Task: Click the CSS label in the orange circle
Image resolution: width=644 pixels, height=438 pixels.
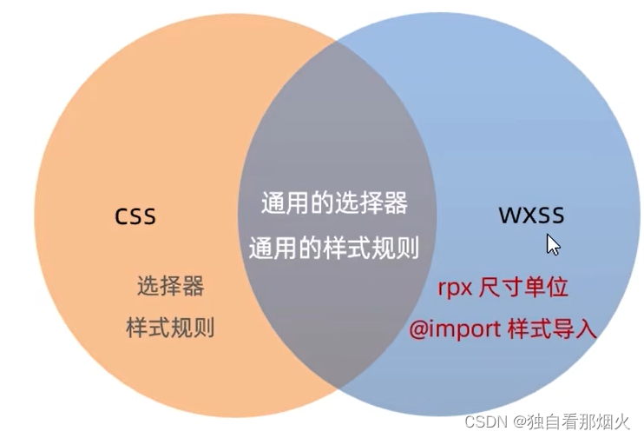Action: (x=136, y=215)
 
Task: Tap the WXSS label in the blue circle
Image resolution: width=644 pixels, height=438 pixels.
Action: (x=530, y=215)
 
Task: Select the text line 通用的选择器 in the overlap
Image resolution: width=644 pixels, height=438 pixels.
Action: (x=334, y=204)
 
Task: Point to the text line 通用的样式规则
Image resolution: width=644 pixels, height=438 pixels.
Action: (x=334, y=249)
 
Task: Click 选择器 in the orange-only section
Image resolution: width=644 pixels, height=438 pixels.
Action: (x=171, y=286)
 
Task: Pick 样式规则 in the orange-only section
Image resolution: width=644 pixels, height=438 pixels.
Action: (x=171, y=328)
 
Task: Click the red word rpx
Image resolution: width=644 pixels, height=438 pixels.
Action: (x=455, y=287)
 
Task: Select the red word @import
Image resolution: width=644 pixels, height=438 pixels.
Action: (x=446, y=330)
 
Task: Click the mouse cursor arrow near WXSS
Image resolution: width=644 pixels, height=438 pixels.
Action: (x=551, y=243)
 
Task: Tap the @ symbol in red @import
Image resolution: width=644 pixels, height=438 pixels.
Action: (x=417, y=330)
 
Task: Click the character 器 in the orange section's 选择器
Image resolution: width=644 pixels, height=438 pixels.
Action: (x=195, y=286)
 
